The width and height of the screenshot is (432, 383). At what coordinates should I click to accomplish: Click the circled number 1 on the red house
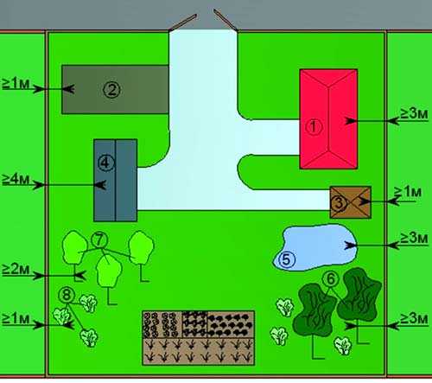(314, 126)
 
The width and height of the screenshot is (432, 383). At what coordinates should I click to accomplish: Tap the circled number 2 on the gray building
(112, 90)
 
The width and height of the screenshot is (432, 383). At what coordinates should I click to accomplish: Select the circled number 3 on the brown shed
(340, 202)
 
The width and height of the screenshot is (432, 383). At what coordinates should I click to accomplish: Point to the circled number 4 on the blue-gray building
(106, 163)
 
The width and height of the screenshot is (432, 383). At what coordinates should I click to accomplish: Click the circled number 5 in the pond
(287, 259)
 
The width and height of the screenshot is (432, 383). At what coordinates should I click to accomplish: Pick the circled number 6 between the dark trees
(331, 278)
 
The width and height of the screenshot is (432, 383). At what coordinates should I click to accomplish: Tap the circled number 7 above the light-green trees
(99, 239)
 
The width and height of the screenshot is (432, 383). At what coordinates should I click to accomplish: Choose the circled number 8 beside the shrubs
(67, 295)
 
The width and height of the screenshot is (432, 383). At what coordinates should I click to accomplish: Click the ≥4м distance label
(16, 179)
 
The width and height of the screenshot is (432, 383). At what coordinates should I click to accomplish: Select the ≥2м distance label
(16, 269)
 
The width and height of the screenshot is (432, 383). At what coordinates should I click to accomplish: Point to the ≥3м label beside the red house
(414, 114)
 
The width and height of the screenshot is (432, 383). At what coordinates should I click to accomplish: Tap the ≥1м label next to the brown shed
(408, 192)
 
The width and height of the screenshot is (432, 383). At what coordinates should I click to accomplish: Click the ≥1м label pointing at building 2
(16, 83)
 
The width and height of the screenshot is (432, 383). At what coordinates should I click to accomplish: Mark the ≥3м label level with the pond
(414, 238)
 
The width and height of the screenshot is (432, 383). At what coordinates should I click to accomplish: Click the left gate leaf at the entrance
(182, 22)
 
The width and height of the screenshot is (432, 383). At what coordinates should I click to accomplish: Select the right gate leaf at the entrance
(226, 20)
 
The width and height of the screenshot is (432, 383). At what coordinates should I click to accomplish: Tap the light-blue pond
(315, 247)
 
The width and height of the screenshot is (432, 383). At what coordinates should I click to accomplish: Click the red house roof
(328, 118)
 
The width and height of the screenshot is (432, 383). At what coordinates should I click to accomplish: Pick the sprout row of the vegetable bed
(199, 351)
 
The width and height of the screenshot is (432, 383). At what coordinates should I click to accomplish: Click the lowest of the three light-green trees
(109, 271)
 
